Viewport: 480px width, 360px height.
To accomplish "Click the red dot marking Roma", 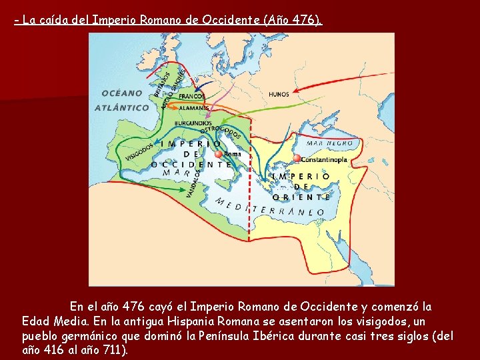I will (218, 154).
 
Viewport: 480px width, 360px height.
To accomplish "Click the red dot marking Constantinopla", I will (297, 159).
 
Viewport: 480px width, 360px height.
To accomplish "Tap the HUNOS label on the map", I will (279, 95).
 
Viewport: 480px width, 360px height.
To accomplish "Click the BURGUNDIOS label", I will (193, 123).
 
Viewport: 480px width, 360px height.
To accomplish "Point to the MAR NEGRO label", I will (330, 143).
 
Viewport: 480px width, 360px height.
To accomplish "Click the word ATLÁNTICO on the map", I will (122, 107).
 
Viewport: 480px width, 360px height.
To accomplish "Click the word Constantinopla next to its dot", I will (324, 160).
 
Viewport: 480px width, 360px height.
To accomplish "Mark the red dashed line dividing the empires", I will (249, 200).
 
